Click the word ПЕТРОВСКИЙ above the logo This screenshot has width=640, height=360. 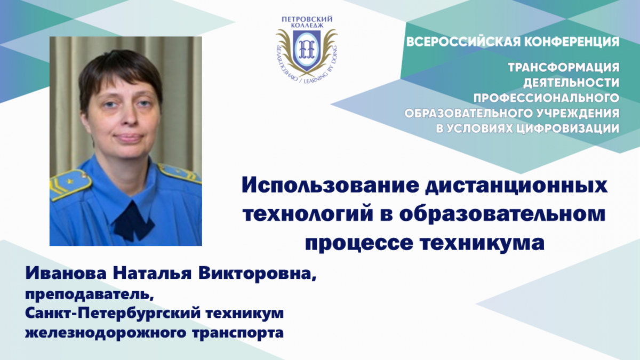pyautogui.click(x=307, y=19)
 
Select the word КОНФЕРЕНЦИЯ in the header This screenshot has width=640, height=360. pyautogui.click(x=572, y=42)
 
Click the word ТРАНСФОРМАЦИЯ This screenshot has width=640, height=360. pyautogui.click(x=564, y=68)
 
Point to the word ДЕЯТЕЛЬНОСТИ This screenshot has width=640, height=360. pyautogui.click(x=571, y=83)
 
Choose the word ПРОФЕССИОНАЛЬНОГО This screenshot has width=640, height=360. pyautogui.click(x=547, y=98)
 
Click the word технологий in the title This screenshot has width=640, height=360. pyautogui.click(x=308, y=214)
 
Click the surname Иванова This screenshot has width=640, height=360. pyautogui.click(x=66, y=273)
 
